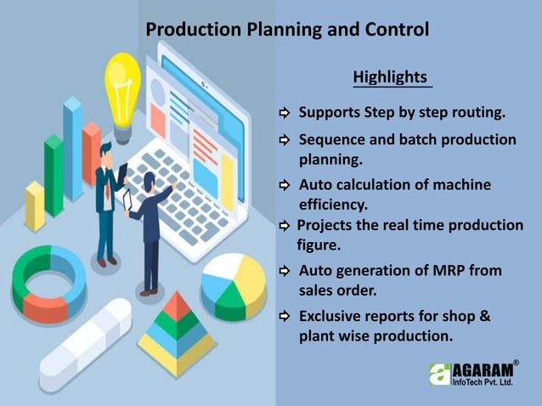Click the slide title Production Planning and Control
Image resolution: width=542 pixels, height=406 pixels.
point(287,30)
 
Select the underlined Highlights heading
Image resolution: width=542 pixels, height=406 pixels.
point(390,77)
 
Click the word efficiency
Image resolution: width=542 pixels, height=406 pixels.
point(332,205)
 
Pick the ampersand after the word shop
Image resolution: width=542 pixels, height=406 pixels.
point(486,317)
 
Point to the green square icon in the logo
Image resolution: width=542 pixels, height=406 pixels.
point(439,375)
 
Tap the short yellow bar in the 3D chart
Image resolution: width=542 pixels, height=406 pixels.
point(34,205)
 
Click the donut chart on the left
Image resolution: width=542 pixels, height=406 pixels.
point(49,282)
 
